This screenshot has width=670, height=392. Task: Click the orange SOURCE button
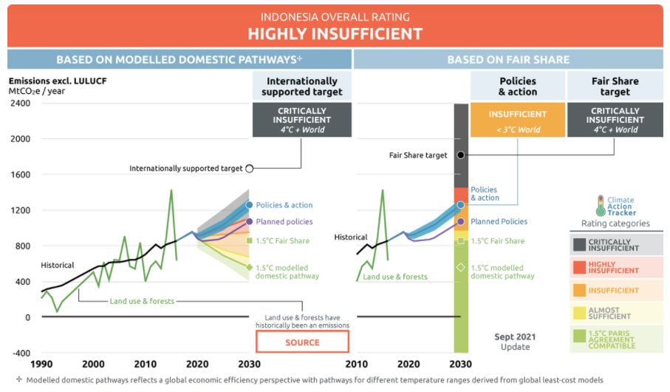(302, 342)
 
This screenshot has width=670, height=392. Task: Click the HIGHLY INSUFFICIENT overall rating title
(335, 33)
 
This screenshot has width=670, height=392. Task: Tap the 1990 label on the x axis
(42, 364)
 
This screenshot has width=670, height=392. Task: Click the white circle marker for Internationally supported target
(250, 169)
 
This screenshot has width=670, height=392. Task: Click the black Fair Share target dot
(461, 155)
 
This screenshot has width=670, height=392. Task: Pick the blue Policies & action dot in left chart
(250, 205)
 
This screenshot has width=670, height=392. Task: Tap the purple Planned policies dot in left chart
(250, 221)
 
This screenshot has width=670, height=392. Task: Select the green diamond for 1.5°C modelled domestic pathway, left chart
(250, 268)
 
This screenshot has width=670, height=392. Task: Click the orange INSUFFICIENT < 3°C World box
(517, 121)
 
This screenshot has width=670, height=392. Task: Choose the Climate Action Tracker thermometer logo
(600, 205)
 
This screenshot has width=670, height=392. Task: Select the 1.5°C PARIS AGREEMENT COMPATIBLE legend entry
(615, 339)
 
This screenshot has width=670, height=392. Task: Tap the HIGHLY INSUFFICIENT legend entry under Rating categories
(615, 266)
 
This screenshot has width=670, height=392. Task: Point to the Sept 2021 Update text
(515, 342)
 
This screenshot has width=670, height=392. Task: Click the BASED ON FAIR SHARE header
(507, 59)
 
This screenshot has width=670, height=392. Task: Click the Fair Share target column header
(615, 87)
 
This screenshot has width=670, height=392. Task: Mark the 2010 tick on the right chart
(357, 364)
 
